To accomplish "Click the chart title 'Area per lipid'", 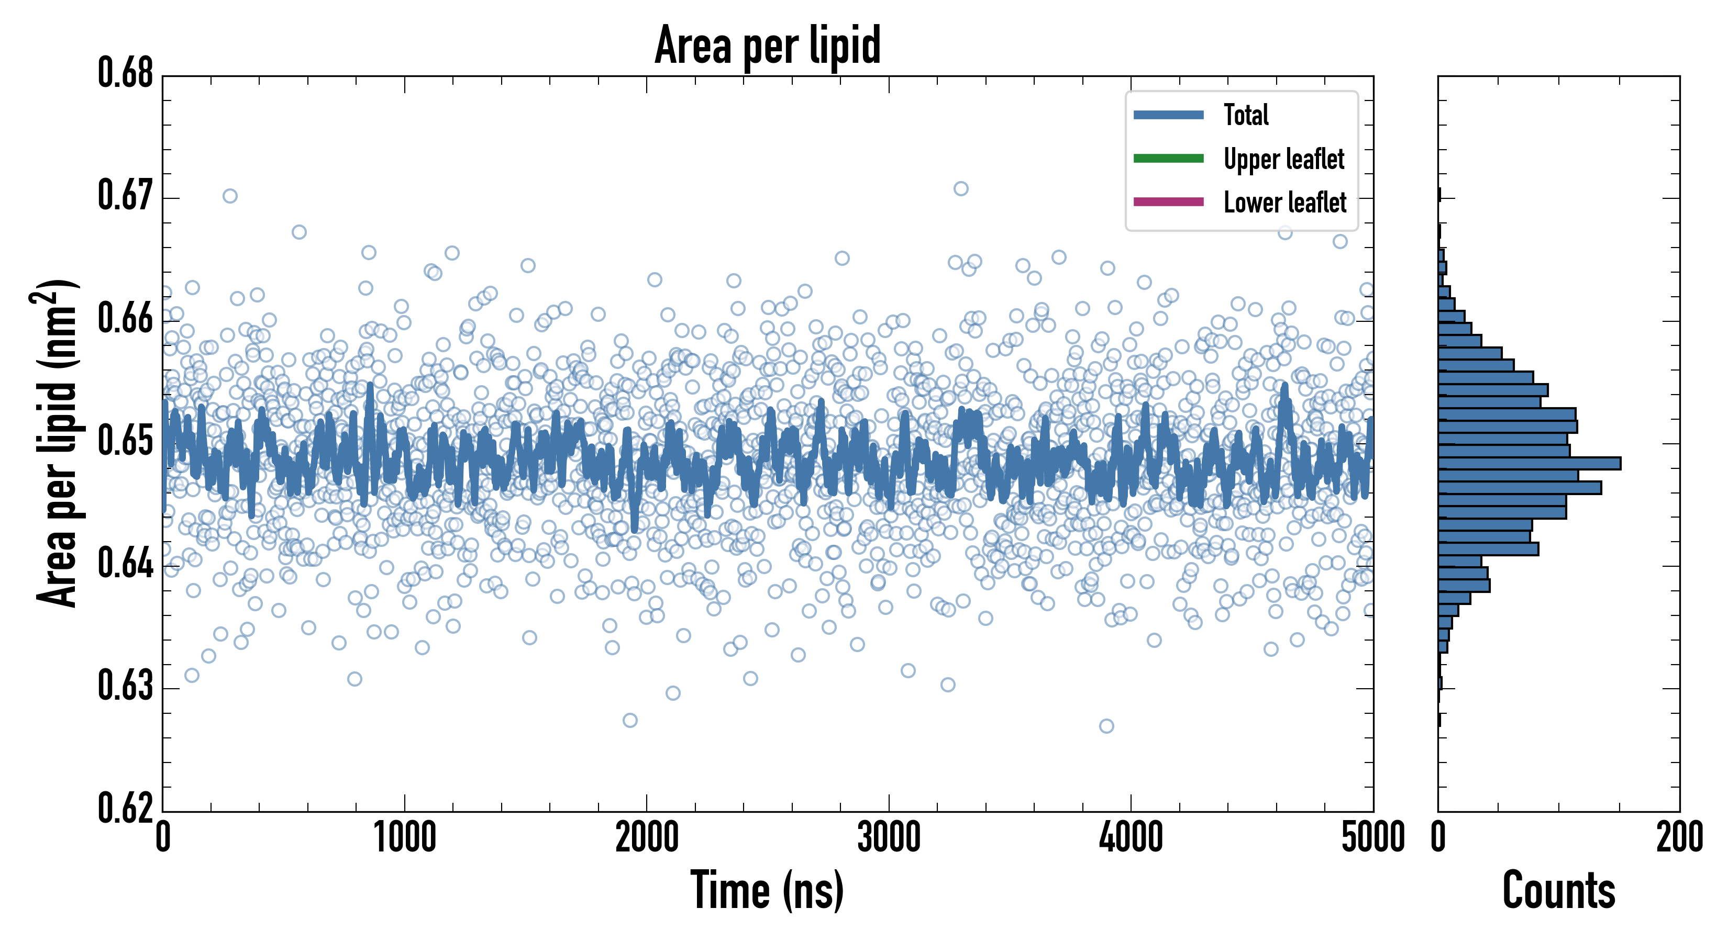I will [x=768, y=45].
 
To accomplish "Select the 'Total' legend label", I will [x=1246, y=115].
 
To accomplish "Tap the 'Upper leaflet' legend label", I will [x=1283, y=159].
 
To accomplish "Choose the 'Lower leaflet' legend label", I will [x=1284, y=203].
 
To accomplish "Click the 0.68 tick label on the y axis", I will [x=126, y=73].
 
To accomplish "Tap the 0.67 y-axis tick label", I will [x=126, y=196].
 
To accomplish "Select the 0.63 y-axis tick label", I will [x=126, y=686].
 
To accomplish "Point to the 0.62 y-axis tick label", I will [x=126, y=808].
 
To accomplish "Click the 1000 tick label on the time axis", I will [x=404, y=838].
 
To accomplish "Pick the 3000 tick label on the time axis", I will [x=889, y=838].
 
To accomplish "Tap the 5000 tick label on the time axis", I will [x=1372, y=838].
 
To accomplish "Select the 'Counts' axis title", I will [x=1558, y=890].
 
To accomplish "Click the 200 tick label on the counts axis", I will [x=1679, y=838].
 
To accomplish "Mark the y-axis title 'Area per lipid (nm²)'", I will [x=57, y=443].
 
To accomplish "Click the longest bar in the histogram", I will [x=1529, y=463].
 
